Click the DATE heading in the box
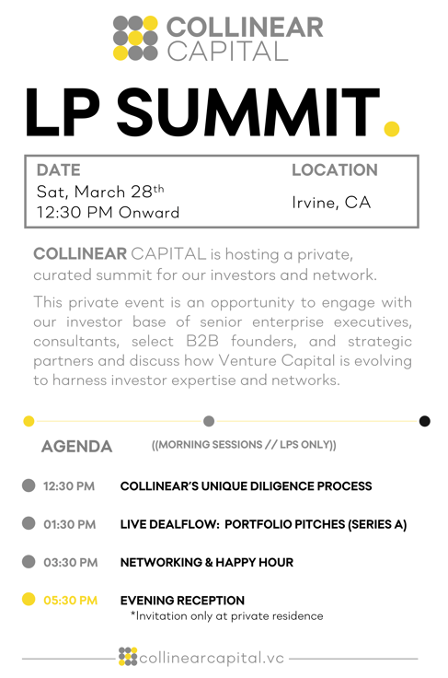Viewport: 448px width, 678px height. (58, 170)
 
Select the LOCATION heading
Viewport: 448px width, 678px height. (334, 170)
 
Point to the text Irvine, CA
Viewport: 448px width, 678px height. (331, 203)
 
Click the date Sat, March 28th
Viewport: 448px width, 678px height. (100, 192)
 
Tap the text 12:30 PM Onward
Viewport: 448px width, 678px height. (108, 213)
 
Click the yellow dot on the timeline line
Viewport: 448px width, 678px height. (29, 421)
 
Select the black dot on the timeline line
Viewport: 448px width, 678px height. (424, 421)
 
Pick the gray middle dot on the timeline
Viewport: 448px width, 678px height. (209, 421)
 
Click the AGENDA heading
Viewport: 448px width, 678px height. (77, 447)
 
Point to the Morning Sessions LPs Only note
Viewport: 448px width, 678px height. (244, 446)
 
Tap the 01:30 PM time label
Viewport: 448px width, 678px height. (70, 524)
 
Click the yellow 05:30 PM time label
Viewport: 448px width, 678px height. (70, 600)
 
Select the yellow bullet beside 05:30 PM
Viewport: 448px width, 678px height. (29, 599)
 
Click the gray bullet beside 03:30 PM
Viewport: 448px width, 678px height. (29, 561)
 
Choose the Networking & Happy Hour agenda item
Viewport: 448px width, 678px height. (207, 562)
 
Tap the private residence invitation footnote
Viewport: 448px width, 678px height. (226, 615)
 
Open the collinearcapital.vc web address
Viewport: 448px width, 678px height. (212, 658)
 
